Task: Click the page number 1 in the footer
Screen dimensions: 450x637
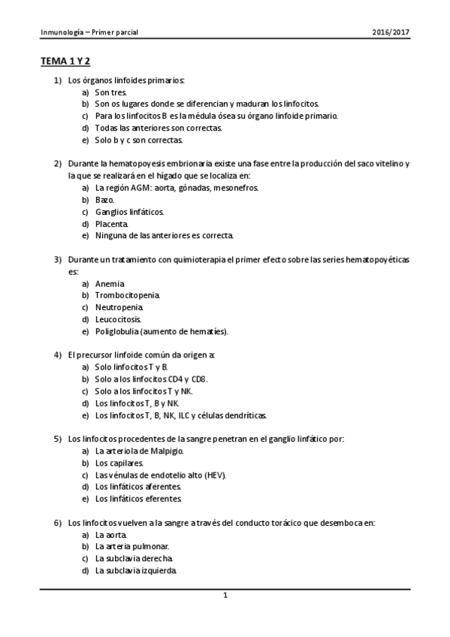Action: point(225,596)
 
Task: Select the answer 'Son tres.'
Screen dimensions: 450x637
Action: point(111,91)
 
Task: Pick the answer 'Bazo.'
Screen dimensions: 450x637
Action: point(104,200)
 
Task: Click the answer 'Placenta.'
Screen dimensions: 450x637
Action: point(112,224)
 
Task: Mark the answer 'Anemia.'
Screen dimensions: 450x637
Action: point(110,283)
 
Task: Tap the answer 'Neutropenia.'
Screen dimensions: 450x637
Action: point(119,307)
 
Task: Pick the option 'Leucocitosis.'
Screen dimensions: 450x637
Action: point(118,319)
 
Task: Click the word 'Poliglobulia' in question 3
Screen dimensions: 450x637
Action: point(116,331)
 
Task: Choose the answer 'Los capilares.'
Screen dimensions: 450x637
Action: point(119,463)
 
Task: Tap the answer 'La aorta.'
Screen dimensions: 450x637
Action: point(111,535)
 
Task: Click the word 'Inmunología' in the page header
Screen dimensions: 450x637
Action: point(60,32)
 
